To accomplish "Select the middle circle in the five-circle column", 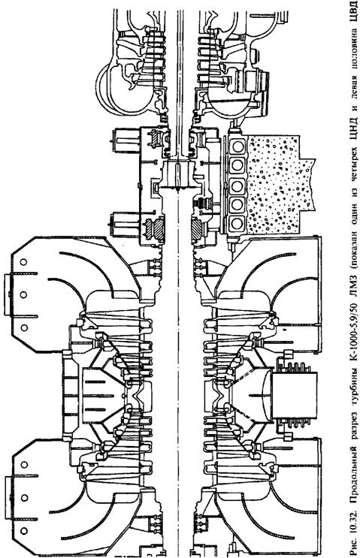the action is [x=237, y=185].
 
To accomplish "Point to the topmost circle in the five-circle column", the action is [x=237, y=146].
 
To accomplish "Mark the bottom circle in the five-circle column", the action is [x=237, y=224].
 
